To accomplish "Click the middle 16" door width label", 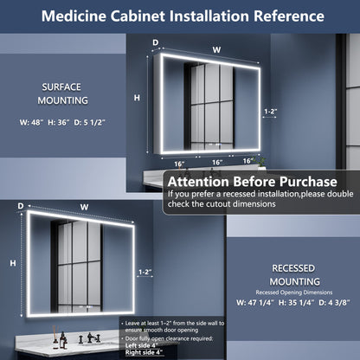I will (216, 161).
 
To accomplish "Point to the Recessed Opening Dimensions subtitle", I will (294, 292).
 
